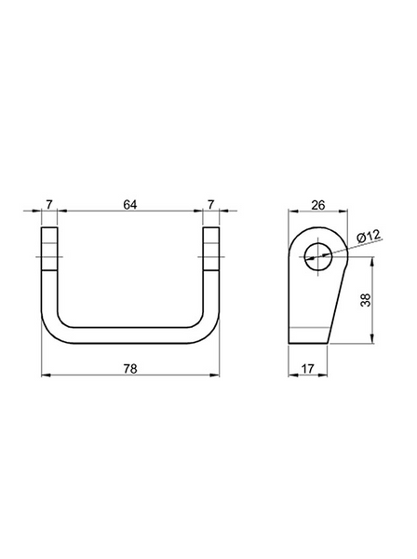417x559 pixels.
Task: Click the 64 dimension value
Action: pos(130,205)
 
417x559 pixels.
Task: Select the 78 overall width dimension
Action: pos(130,369)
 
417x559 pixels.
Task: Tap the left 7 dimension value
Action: pos(49,205)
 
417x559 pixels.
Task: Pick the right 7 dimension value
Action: pos(211,205)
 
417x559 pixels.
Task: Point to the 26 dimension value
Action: pos(318,205)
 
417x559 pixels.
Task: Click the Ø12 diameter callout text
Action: pos(369,236)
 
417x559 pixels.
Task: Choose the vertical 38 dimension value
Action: pos(366,300)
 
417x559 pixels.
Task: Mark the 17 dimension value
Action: pos(308,369)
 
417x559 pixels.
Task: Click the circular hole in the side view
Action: pos(318,257)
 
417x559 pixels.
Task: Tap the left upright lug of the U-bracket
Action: pos(49,249)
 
